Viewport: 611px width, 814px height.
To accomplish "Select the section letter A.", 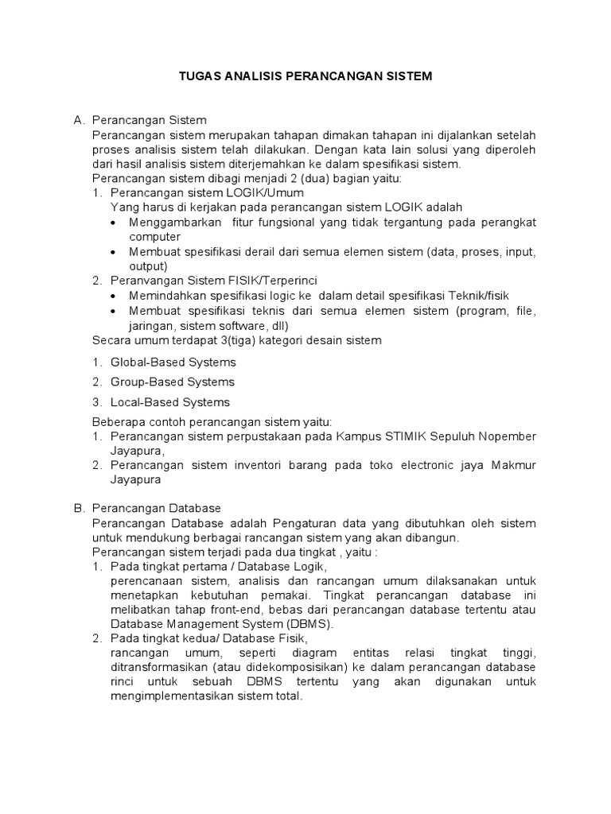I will (78, 120).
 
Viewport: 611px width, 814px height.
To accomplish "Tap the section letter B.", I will (78, 507).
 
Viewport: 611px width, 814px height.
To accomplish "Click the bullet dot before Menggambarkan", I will (115, 223).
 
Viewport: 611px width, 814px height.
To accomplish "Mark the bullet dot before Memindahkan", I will (115, 295).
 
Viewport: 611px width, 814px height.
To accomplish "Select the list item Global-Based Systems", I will (173, 362).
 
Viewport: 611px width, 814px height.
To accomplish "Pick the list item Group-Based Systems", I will (173, 382).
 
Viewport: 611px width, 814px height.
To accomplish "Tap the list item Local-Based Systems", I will (170, 402).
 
